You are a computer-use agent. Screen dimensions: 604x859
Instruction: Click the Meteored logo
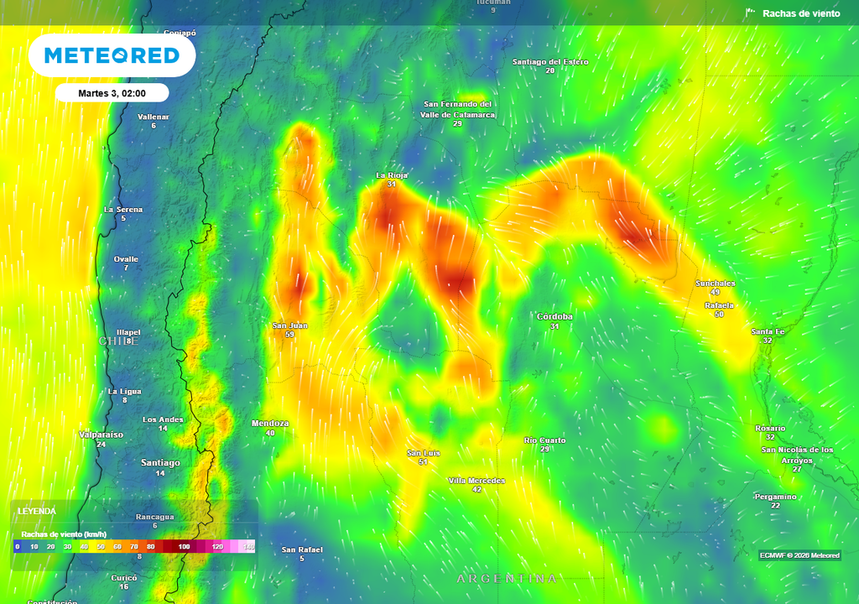pos(112,56)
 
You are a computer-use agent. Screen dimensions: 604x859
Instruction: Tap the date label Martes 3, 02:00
pos(112,93)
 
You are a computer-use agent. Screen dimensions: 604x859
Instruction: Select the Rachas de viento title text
pos(800,13)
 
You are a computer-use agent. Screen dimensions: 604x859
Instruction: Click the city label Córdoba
pos(554,316)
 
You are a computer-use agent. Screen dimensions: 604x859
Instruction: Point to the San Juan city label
pos(290,325)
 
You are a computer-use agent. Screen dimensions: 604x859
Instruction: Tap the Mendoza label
pos(270,424)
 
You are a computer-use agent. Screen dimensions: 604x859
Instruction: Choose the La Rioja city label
pos(392,174)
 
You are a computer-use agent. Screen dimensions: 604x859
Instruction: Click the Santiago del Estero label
pos(550,62)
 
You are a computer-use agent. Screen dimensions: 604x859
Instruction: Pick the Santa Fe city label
pos(768,331)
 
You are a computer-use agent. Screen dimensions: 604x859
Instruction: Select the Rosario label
pos(770,428)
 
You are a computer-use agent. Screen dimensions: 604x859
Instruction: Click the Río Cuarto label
pos(544,440)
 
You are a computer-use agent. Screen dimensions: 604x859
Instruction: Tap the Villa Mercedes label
pos(476,480)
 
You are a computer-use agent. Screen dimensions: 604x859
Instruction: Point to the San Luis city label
pos(424,453)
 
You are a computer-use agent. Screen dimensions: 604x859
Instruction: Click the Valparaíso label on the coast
pos(101,435)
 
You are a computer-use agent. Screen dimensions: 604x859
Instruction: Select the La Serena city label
pos(123,209)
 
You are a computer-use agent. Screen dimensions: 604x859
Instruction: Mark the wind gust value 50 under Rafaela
pos(719,315)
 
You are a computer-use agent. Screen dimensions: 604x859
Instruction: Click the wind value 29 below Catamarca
pos(457,123)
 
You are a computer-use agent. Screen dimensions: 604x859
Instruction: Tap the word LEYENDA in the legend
pos(39,511)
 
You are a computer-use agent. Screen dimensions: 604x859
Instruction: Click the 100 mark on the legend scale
pos(184,547)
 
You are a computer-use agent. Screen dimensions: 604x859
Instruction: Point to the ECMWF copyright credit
pos(799,555)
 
